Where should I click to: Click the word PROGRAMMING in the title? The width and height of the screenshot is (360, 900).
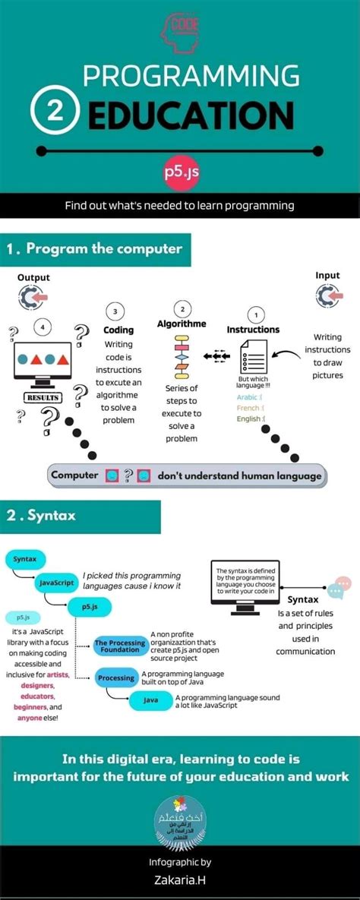191,76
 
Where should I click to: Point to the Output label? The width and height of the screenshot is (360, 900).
33,277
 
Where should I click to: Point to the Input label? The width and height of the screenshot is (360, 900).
328,276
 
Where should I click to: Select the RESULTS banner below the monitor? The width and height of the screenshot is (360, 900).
43,397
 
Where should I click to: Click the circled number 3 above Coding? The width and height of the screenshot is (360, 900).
115,312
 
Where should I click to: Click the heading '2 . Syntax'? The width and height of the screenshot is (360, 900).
42,515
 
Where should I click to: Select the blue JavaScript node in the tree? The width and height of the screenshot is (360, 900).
55,583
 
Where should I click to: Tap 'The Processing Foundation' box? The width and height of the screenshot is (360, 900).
120,646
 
